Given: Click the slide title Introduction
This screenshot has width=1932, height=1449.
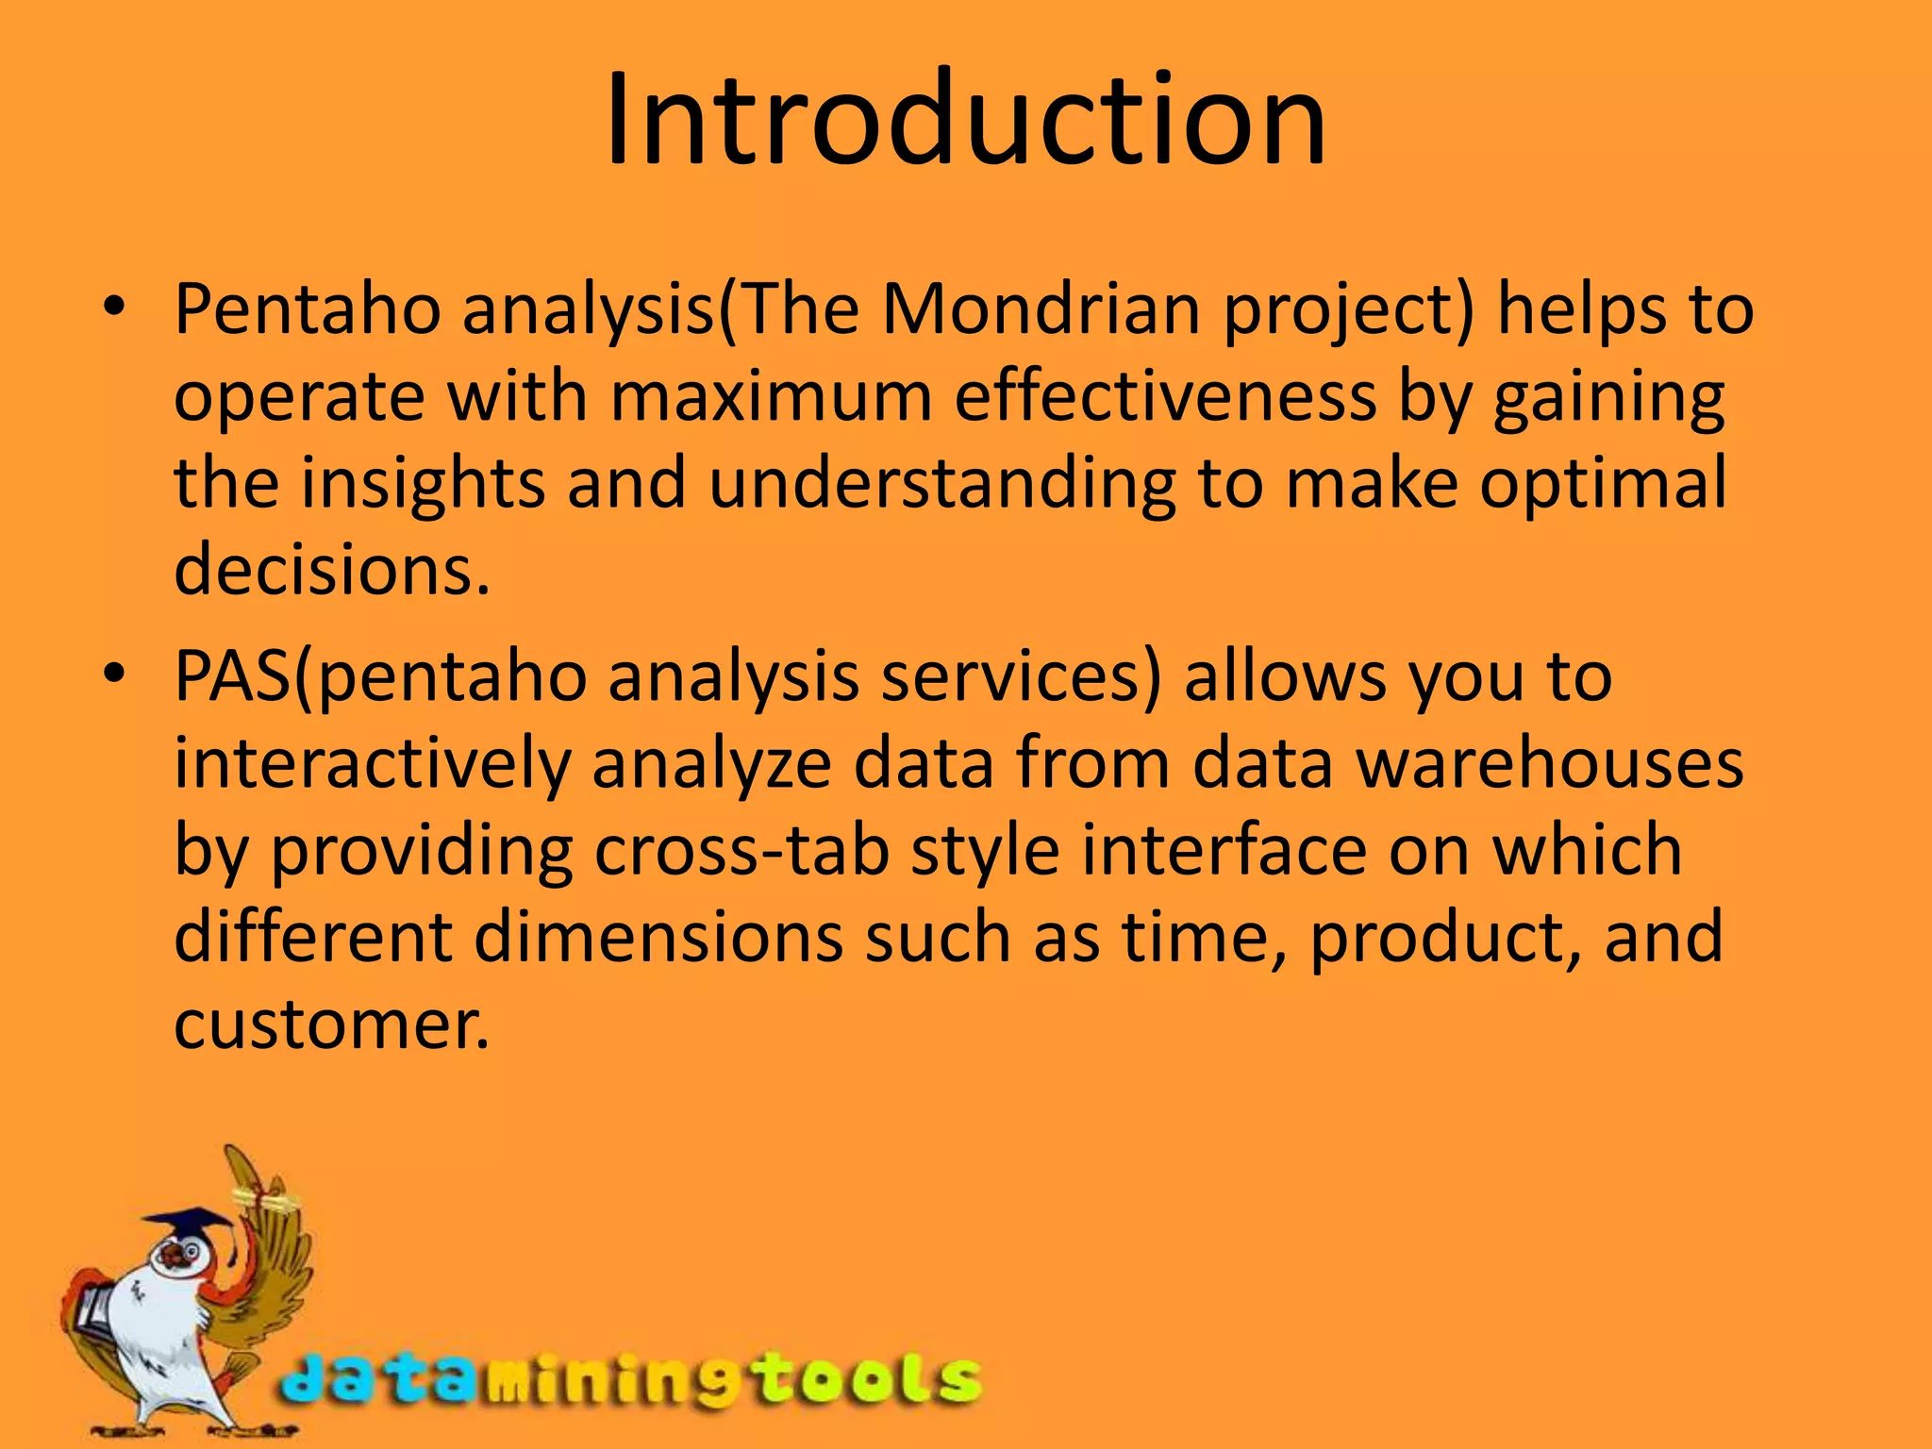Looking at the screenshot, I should (965, 121).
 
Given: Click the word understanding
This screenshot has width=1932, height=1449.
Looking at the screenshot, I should (942, 483).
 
